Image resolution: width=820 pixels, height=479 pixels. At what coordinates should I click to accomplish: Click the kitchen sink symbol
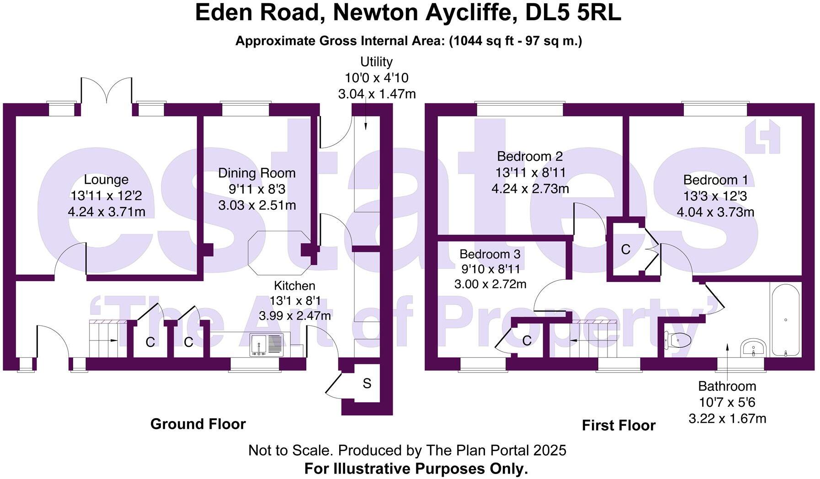coord(266,345)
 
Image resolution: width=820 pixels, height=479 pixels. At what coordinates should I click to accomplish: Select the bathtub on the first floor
coord(785,319)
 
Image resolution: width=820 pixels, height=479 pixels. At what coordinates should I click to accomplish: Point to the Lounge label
coord(106,180)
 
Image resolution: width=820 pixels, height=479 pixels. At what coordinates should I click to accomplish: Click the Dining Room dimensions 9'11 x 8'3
coord(257,189)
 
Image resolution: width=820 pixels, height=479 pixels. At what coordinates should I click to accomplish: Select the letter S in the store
coord(367,383)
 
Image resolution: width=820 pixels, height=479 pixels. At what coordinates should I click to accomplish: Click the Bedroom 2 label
coord(530,157)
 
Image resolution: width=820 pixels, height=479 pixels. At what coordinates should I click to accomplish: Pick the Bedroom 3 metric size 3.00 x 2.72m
coord(490,284)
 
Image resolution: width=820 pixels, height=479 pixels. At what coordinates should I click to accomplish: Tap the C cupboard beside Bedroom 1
coord(626,250)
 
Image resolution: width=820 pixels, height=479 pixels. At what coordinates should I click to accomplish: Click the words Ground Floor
coord(198,424)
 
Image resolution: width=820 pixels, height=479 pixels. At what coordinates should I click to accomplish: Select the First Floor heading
coord(618,426)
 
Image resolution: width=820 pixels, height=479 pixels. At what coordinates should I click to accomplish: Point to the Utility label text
coord(376,62)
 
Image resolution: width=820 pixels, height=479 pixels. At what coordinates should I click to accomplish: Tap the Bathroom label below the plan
coord(727,386)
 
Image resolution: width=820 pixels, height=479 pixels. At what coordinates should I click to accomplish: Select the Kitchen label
coord(294,286)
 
